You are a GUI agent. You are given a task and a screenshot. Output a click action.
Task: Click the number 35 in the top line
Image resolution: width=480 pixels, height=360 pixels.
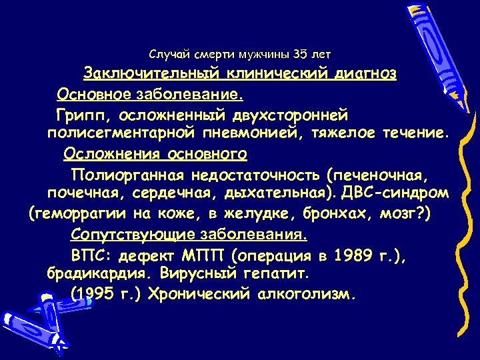point(300,53)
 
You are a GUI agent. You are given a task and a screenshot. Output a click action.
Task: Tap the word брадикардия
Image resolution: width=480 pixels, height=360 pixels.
point(90,273)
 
